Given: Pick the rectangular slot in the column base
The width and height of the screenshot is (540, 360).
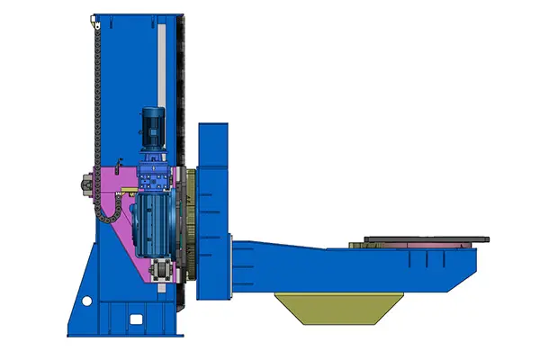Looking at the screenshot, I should pos(135,319).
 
